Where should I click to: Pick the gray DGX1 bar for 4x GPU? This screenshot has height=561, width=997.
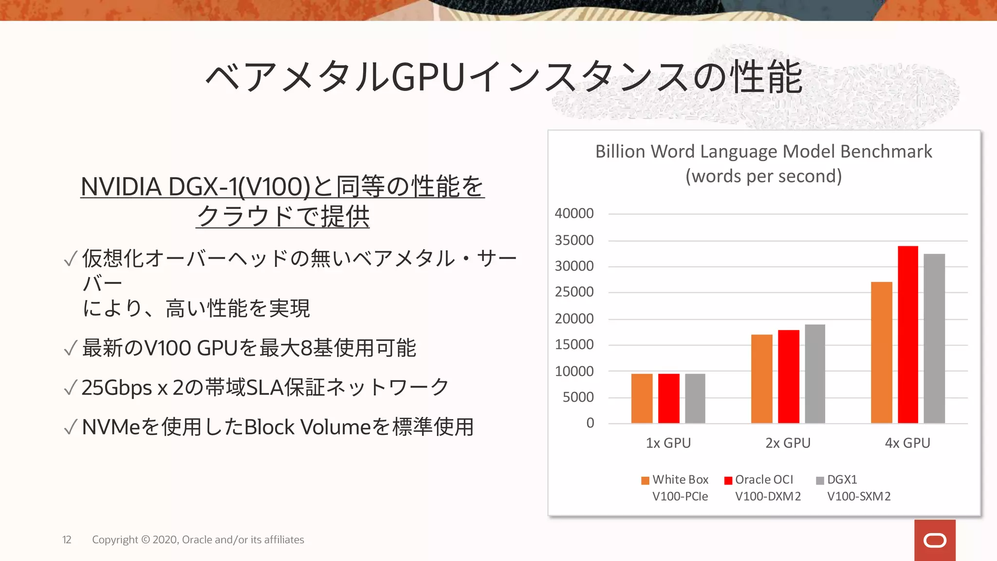tap(934, 338)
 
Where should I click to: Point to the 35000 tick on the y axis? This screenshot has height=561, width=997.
tap(574, 240)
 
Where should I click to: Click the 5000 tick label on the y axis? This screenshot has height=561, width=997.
tap(578, 397)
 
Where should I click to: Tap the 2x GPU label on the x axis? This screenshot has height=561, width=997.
tap(788, 443)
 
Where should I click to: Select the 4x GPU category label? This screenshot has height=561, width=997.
tap(907, 443)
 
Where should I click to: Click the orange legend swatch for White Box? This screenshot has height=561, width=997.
tap(645, 481)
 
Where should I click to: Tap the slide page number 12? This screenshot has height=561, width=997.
tap(67, 540)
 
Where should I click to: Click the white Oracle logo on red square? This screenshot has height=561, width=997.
tap(934, 541)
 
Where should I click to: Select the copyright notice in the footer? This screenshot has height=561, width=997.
tap(198, 540)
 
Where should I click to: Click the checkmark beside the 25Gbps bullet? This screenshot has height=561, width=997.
tap(71, 388)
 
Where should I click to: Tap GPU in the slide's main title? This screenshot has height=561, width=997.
tap(428, 77)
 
